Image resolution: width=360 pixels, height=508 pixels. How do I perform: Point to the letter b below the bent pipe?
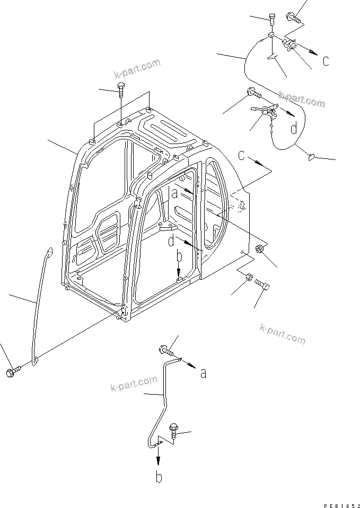[x=158, y=477]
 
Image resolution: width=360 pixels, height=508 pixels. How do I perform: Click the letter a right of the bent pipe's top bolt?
[x=203, y=373]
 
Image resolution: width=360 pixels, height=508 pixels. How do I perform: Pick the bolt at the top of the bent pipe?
[x=165, y=350]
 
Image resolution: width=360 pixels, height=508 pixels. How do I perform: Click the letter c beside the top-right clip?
[x=326, y=61]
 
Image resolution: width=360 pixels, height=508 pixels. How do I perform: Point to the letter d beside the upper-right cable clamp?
[x=293, y=128]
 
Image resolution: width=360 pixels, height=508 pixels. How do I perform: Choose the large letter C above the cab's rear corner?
[x=242, y=156]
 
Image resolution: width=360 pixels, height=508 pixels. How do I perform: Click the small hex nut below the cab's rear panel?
[x=248, y=277]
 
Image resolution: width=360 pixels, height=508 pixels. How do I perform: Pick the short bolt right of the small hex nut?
[x=263, y=286]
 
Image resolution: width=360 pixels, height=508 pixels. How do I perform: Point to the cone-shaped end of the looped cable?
[x=312, y=156]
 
